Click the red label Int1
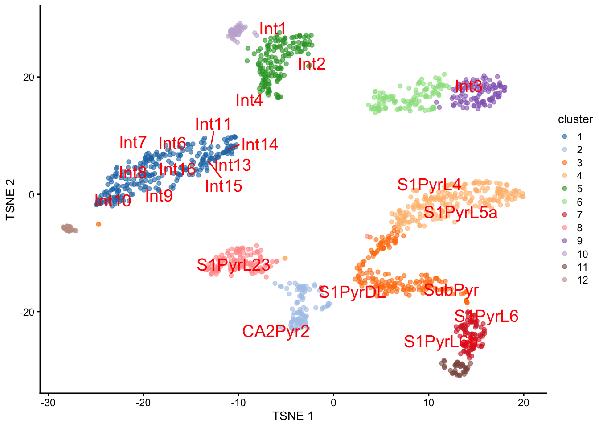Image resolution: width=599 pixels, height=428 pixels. click(x=272, y=29)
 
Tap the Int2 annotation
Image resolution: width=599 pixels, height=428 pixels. click(x=312, y=64)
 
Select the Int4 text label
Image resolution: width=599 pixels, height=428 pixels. click(x=249, y=100)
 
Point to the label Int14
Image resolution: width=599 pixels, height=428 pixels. click(x=259, y=145)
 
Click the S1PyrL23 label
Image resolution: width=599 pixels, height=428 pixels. click(x=233, y=265)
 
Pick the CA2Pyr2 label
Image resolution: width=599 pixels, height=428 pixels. click(x=275, y=332)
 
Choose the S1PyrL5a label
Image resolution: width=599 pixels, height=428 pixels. click(x=460, y=213)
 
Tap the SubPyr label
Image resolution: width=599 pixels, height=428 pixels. click(x=451, y=290)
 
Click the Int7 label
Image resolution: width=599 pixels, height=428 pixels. click(x=133, y=143)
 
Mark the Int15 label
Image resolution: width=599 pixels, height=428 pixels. click(x=223, y=186)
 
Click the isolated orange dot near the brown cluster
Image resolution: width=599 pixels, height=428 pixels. click(x=98, y=224)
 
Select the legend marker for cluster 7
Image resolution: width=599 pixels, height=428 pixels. click(x=564, y=215)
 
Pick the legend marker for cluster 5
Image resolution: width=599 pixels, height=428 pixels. click(x=564, y=189)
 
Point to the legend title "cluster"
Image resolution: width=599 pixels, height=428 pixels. click(x=575, y=119)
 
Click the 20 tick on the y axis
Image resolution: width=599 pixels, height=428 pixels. click(x=29, y=77)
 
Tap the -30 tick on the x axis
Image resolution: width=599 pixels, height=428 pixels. click(x=48, y=403)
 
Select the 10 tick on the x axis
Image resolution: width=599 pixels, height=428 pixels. click(x=428, y=403)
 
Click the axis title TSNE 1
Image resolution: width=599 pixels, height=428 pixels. click(x=292, y=416)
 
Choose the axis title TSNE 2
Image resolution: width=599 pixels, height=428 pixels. click(x=11, y=199)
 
